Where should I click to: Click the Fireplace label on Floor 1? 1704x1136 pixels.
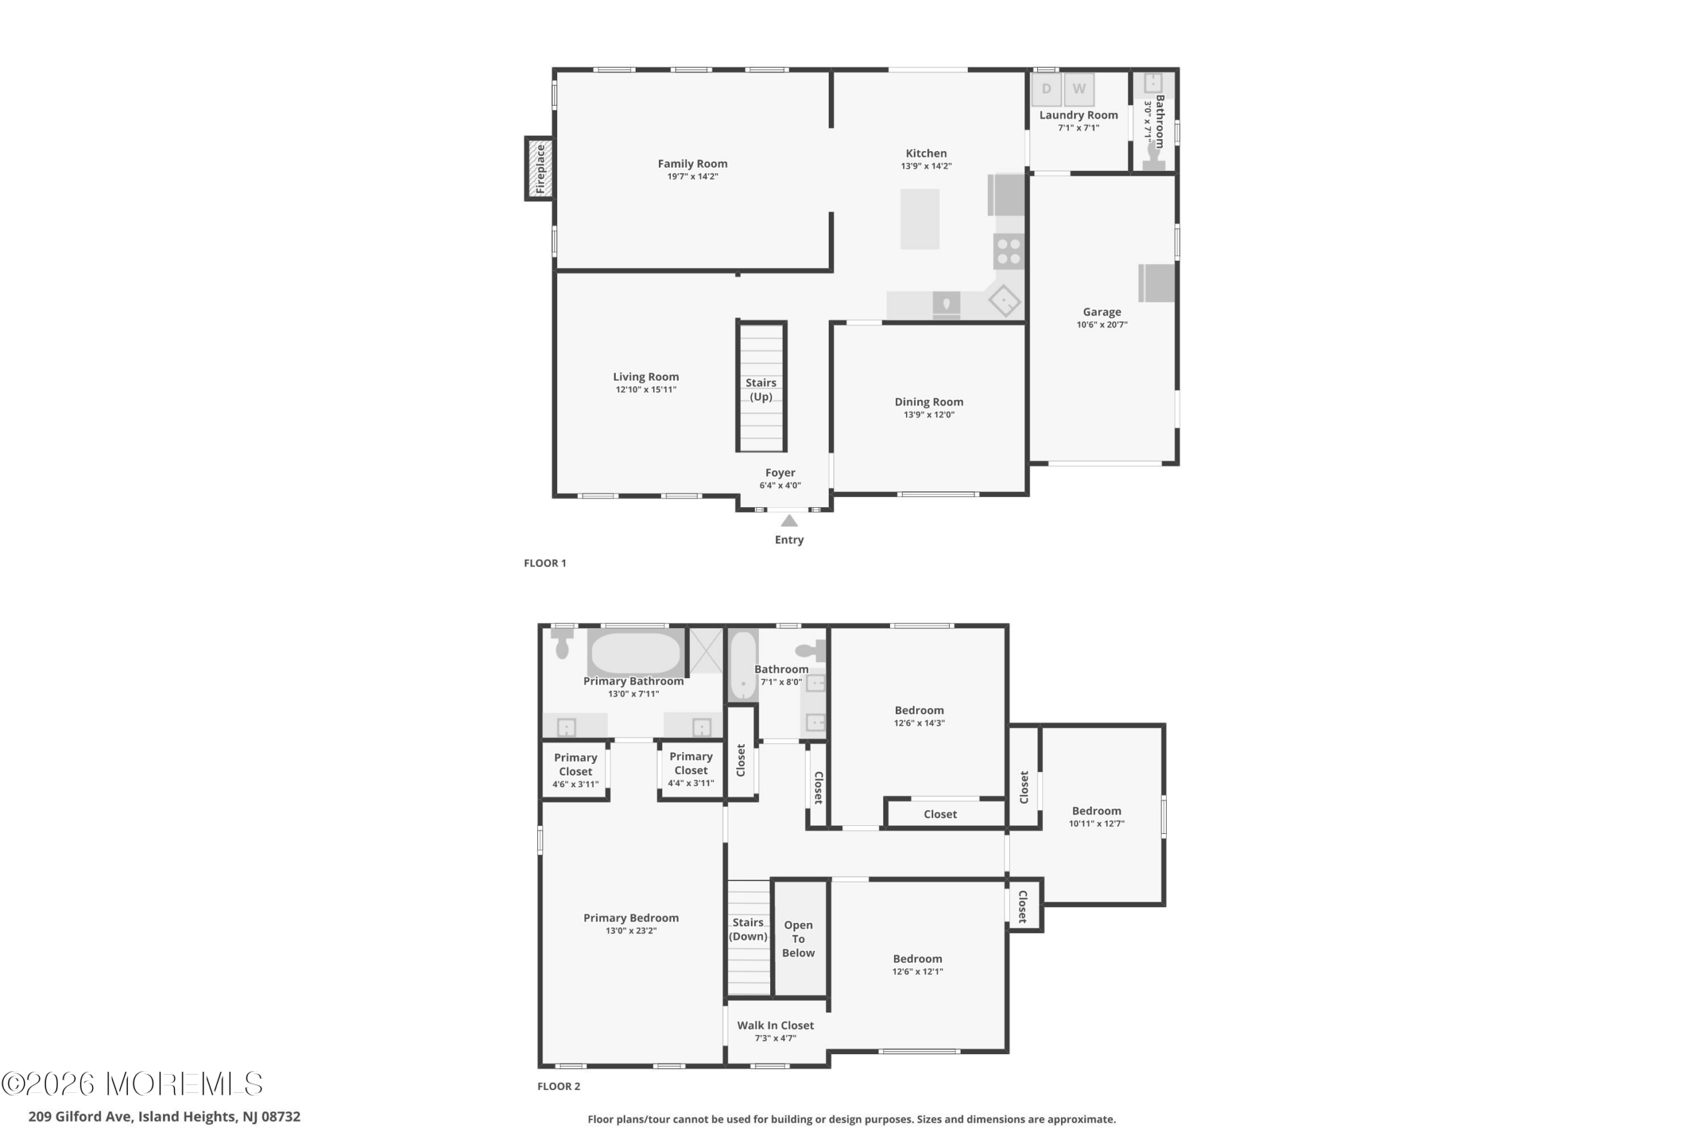(540, 169)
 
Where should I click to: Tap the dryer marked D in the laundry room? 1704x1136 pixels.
(1046, 89)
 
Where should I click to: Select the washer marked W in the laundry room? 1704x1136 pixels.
(1079, 89)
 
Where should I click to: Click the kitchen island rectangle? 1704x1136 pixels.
(920, 219)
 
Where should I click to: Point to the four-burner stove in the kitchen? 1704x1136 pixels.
(1008, 252)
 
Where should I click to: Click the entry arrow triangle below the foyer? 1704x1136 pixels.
(789, 520)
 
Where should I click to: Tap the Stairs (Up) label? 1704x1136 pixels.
(761, 389)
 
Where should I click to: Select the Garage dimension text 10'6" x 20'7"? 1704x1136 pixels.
(1102, 325)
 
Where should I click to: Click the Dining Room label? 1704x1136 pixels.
(929, 401)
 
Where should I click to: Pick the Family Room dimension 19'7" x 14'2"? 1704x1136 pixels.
(693, 176)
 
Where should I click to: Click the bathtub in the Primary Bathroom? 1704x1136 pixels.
(636, 652)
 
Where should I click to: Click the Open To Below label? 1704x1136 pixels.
(798, 938)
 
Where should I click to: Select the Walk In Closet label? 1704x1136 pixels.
(775, 1025)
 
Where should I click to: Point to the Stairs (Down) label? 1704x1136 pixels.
(747, 929)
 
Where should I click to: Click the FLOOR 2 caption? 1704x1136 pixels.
(558, 1086)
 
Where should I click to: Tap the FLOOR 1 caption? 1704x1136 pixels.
(545, 563)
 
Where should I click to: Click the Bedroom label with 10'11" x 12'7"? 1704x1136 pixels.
(1096, 811)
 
